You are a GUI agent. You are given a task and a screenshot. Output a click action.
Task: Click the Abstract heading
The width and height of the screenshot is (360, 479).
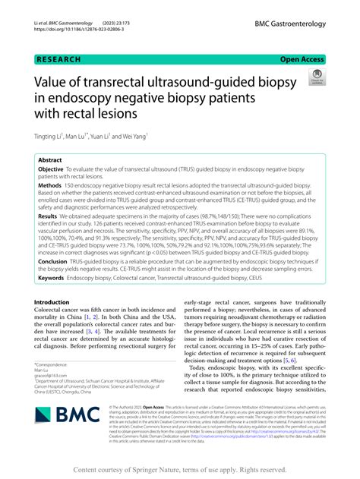point(50,161)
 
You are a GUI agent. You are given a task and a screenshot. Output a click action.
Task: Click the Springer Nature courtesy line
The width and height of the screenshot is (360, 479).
point(179,469)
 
